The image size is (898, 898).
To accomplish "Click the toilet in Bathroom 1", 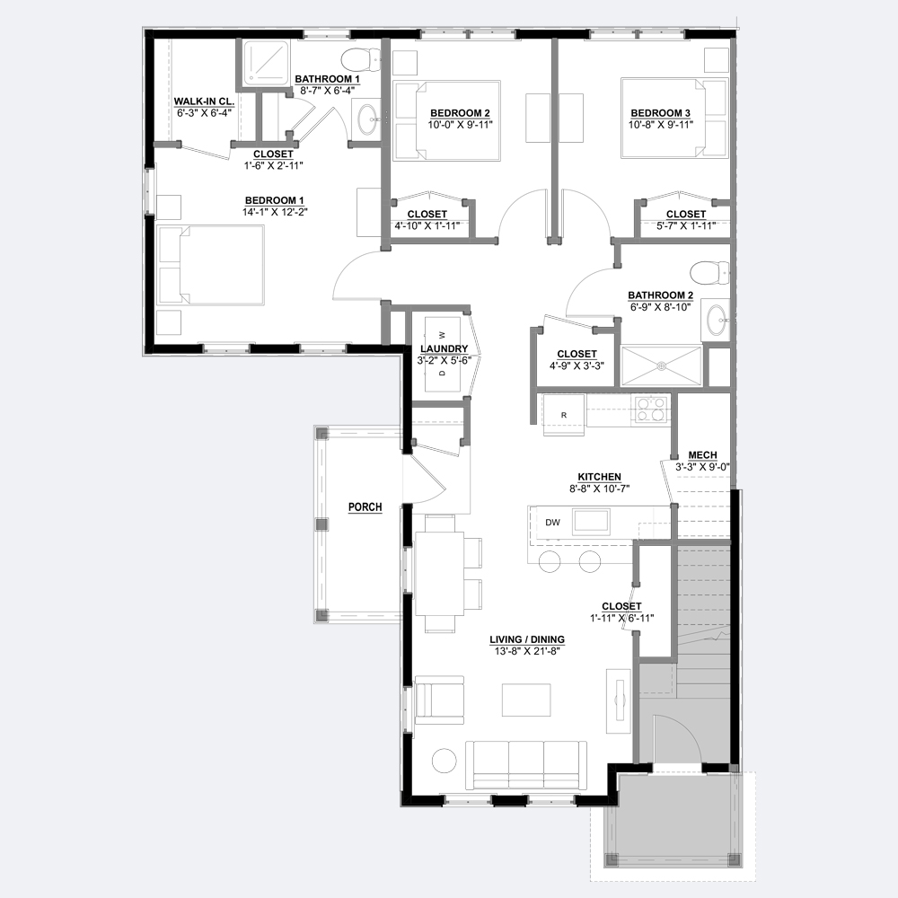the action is coord(361,59).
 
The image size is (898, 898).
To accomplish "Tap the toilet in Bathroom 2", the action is coord(709,273).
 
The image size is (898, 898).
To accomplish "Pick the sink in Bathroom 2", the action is coord(716,321).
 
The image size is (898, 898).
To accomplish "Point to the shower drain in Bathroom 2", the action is coord(662,365).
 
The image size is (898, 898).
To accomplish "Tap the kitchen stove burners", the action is coord(651,409).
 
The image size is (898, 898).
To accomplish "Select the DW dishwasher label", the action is coord(552,523).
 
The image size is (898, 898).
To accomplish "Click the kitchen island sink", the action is coord(592,522).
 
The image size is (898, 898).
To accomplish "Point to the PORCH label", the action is coord(365,507).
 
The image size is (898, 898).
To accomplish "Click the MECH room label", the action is coord(703,455).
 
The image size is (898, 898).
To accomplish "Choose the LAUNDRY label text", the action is coord(444,348).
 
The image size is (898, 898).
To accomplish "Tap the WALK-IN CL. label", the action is coord(204,102).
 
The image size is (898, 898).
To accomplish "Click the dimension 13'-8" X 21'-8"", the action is coord(527,651).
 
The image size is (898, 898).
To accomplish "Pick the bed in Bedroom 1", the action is coord(210,265).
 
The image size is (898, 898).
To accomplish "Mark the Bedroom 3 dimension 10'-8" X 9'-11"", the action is coord(660,124).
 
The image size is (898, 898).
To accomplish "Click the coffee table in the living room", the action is coord(526,700).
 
